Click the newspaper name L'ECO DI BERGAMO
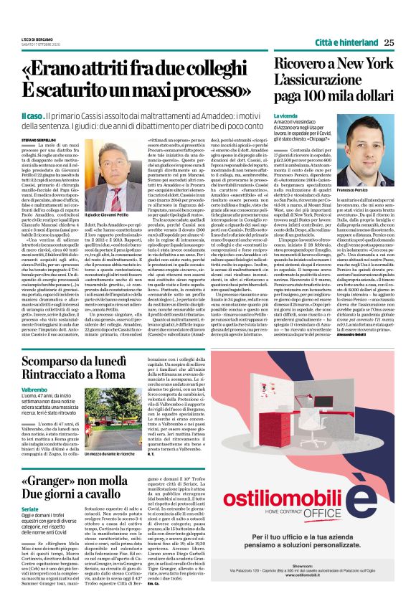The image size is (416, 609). pos(37,37)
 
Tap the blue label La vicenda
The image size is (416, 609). pos(285,115)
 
